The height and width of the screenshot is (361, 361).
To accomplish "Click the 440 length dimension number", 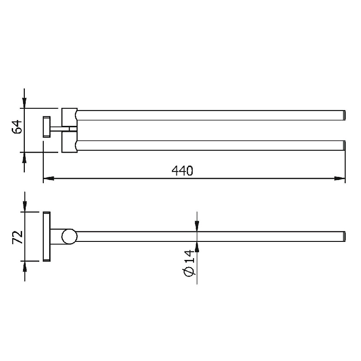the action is [x=182, y=171].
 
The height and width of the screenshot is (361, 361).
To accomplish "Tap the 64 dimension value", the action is [x=17, y=127].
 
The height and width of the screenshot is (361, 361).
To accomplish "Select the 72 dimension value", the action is [x=18, y=237].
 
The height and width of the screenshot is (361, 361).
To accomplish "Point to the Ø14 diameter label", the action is [x=189, y=263].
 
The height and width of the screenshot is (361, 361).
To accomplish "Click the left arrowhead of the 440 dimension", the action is [x=49, y=178].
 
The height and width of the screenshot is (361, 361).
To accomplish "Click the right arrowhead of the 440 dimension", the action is [x=340, y=178].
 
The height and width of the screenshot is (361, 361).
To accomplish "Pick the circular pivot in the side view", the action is [x=69, y=236].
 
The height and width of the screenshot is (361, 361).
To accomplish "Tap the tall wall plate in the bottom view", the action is [x=47, y=236].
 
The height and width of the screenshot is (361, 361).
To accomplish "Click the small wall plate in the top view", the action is [x=47, y=127].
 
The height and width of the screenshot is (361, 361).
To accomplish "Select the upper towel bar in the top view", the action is [x=211, y=115].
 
